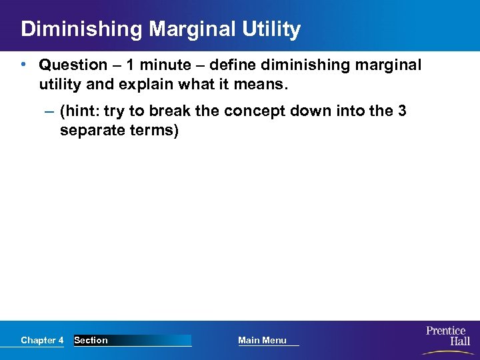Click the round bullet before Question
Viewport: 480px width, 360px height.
coord(23,65)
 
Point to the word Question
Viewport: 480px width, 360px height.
coord(73,65)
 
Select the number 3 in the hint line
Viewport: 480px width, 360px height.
coord(402,111)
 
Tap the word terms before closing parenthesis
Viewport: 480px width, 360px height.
coord(153,131)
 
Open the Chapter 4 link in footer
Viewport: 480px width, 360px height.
coord(42,341)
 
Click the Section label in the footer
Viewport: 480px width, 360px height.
coord(91,341)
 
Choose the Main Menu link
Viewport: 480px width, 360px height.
coord(263,341)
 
